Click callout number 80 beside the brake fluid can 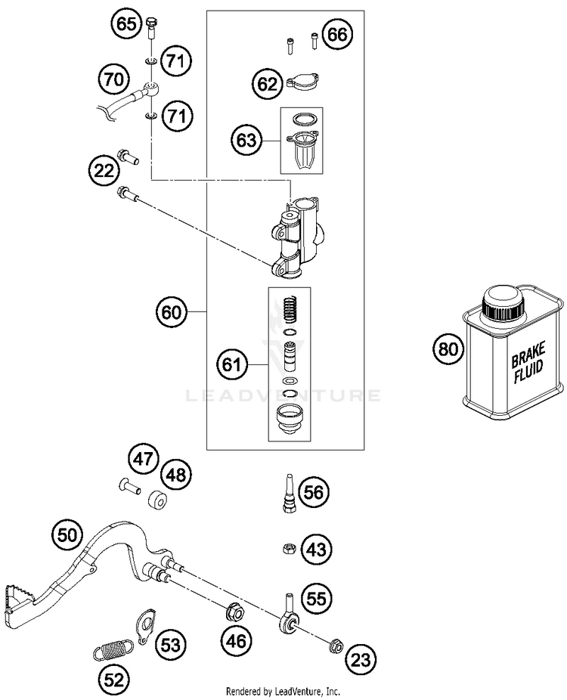(448, 348)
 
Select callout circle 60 (172, 311)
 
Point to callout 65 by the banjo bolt (127, 23)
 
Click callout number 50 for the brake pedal (67, 534)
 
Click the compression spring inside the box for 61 (290, 309)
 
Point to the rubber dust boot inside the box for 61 (290, 418)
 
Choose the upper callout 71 (176, 60)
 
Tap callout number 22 (104, 170)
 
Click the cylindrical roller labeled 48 (157, 500)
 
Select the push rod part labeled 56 (289, 493)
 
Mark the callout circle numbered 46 (236, 642)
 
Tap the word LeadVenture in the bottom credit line (296, 692)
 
